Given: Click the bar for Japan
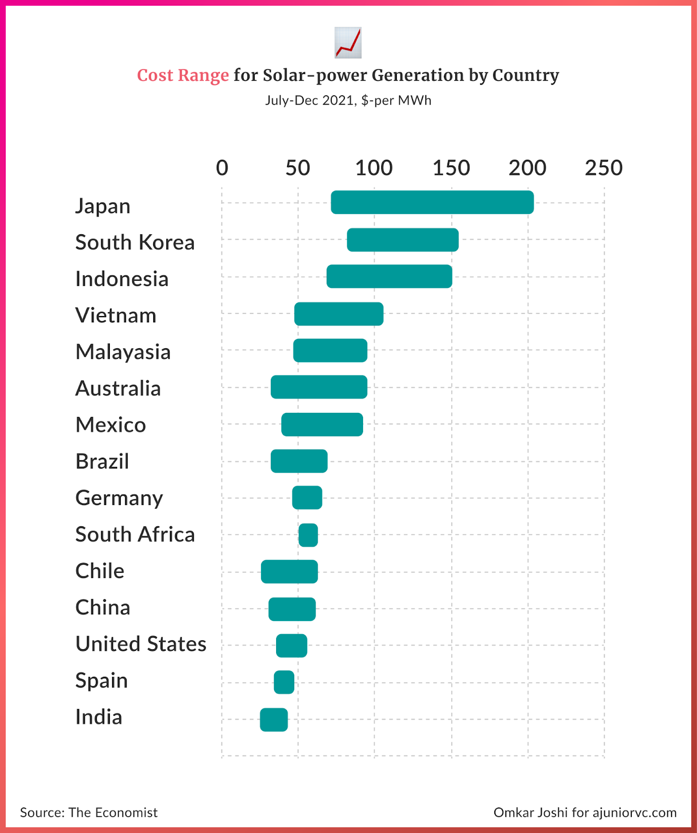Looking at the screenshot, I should tap(432, 203).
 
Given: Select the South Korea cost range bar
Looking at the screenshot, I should tap(403, 240).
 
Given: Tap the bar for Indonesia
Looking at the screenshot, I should tap(389, 276).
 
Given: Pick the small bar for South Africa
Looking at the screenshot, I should tap(308, 535).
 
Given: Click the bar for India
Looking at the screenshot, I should tap(274, 720).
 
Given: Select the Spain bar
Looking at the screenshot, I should tap(284, 683).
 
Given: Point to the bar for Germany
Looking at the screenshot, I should tap(307, 498).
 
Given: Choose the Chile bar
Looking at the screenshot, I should tap(289, 572).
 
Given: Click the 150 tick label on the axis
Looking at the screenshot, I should tap(451, 168).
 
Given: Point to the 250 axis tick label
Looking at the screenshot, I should tap(604, 168).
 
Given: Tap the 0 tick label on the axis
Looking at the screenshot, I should tap(222, 168).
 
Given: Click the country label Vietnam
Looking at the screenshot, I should tap(116, 315).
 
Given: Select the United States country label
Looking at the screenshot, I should tap(141, 644).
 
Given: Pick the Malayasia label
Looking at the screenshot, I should tap(123, 352).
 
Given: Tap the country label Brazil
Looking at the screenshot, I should tap(102, 462).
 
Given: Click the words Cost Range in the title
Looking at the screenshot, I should tap(183, 75).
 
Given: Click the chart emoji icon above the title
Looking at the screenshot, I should tap(348, 43).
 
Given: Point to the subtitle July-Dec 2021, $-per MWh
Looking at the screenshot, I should tap(348, 100).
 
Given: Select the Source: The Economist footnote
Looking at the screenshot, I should tap(89, 813).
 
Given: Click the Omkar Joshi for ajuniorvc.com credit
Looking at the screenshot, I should tap(585, 813).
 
